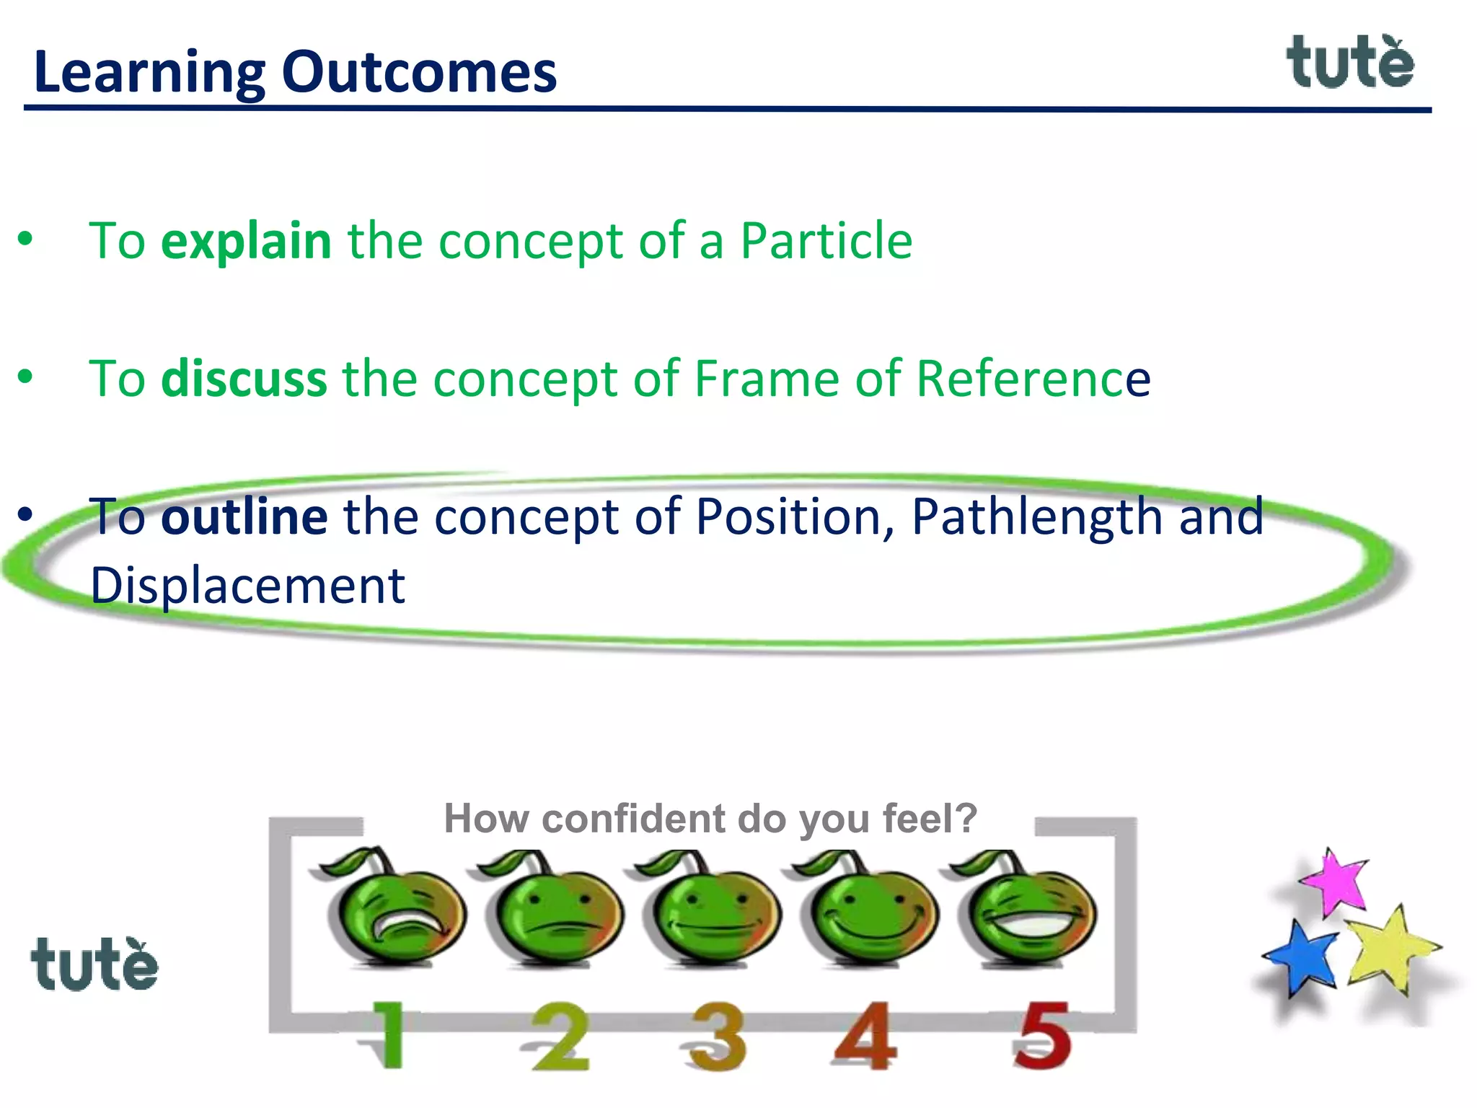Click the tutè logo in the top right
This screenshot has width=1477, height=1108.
pyautogui.click(x=1350, y=63)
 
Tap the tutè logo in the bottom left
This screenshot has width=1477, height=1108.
pyautogui.click(x=94, y=965)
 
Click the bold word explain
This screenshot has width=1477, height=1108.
pyautogui.click(x=246, y=241)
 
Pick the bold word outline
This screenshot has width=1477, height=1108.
pyautogui.click(x=244, y=517)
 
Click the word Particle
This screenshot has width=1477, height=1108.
pyautogui.click(x=826, y=241)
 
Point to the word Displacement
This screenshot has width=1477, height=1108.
pyautogui.click(x=247, y=586)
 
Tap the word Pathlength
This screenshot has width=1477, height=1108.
pyautogui.click(x=1036, y=517)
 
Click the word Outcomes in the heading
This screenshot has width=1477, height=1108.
pyautogui.click(x=419, y=73)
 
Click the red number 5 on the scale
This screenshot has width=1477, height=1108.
pyautogui.click(x=1041, y=1036)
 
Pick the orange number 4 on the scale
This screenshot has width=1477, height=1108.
pyautogui.click(x=865, y=1036)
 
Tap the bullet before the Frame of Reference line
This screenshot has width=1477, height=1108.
pyautogui.click(x=26, y=377)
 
